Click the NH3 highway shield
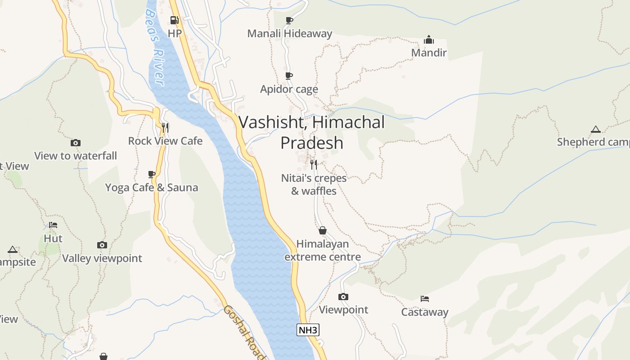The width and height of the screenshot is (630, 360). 308,330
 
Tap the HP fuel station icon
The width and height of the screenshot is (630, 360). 175,20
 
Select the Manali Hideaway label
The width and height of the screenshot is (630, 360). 289,33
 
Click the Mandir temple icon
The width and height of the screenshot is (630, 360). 429,40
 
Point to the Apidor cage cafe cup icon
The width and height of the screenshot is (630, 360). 289,76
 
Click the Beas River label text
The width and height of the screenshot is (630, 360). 154,47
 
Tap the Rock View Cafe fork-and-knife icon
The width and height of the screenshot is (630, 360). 165,128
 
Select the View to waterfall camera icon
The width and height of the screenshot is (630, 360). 76,143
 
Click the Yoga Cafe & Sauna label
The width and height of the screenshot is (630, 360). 152,187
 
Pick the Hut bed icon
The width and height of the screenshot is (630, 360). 53,225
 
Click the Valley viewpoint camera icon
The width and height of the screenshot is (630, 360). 102,245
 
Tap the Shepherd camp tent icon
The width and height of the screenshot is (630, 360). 596,129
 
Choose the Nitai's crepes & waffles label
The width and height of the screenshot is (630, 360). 314,184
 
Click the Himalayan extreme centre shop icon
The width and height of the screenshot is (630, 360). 323,231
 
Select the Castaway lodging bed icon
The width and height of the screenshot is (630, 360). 425,298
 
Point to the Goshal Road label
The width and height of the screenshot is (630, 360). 243,332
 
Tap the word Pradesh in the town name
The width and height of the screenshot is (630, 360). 312,143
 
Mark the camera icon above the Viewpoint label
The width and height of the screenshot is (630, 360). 343,297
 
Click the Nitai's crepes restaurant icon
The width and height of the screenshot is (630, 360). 314,164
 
